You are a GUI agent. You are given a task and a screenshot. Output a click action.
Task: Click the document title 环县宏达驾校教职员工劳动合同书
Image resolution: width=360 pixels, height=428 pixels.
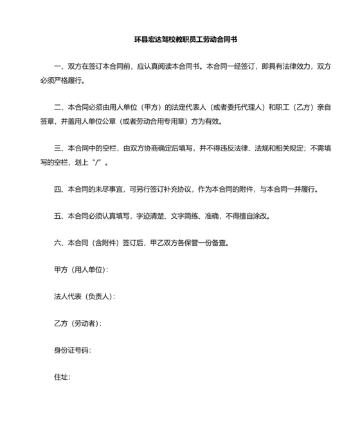(181, 39)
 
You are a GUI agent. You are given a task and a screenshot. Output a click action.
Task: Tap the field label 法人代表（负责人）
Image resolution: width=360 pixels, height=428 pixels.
(84, 297)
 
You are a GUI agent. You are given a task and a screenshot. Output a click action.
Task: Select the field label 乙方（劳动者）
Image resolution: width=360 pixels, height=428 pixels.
(77, 323)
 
